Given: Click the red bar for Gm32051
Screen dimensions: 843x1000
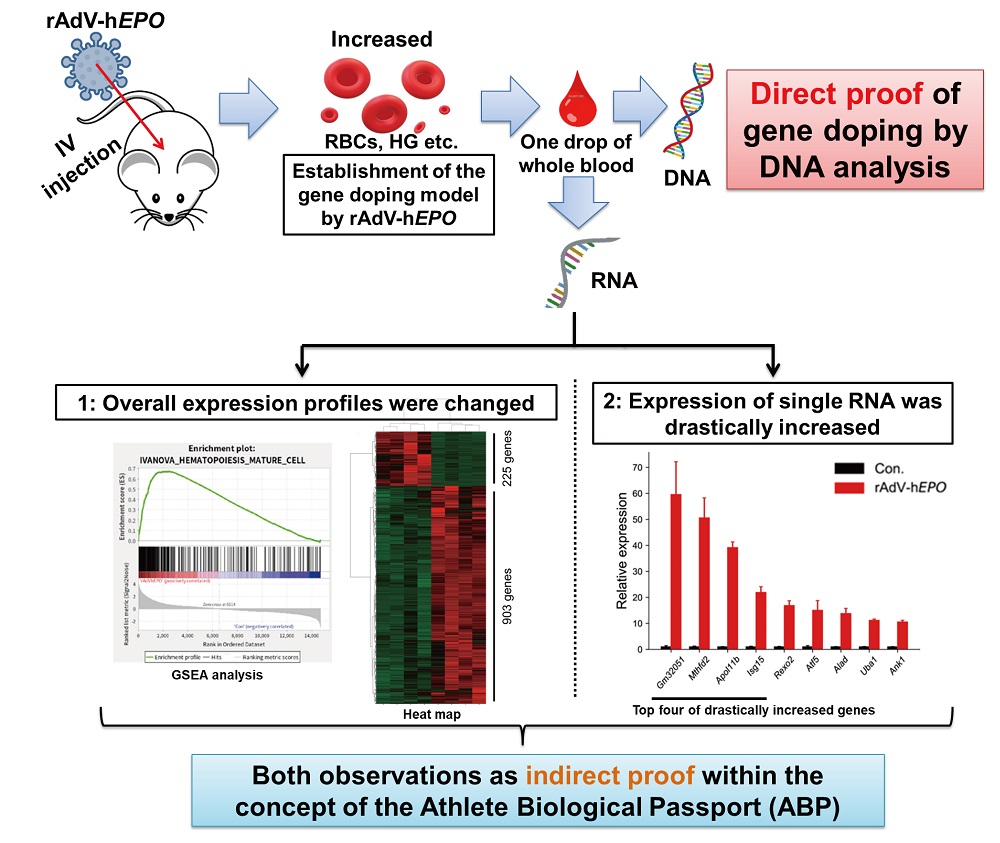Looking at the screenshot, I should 676,571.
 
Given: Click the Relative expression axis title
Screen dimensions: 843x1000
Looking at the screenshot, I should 622,550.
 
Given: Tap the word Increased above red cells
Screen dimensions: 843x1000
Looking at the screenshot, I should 383,40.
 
